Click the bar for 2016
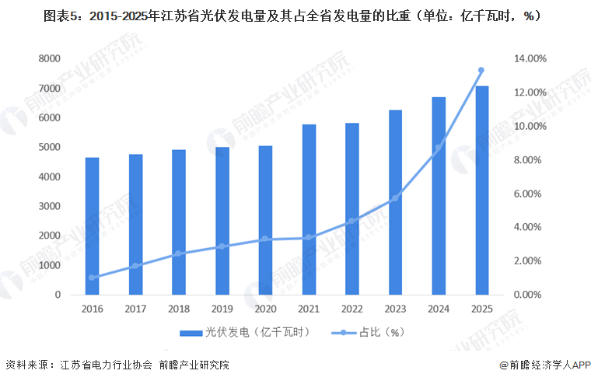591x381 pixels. [93, 226]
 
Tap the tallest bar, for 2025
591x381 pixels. [481, 190]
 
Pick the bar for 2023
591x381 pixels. [395, 203]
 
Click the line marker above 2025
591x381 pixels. [481, 71]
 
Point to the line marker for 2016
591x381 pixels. [93, 278]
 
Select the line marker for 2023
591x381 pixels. [395, 198]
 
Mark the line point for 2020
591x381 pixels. [266, 239]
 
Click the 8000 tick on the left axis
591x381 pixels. [49, 59]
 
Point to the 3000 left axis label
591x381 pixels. [49, 206]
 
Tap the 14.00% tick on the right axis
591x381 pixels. [530, 59]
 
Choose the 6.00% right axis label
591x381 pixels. [530, 194]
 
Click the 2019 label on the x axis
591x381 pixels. [222, 309]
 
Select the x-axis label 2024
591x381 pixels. [438, 309]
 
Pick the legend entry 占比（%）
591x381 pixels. [379, 332]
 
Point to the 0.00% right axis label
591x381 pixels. [530, 295]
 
